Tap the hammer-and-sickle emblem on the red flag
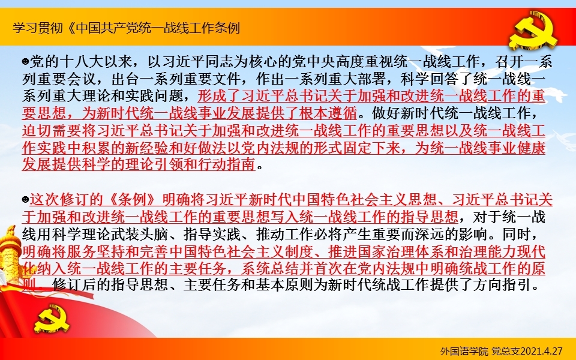pyautogui.click(x=52, y=317)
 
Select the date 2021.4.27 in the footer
pyautogui.click(x=542, y=351)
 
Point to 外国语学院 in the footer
pyautogui.click(x=464, y=351)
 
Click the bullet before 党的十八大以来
pyautogui.click(x=25, y=62)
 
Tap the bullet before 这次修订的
pyautogui.click(x=25, y=200)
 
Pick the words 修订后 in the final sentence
pyautogui.click(x=74, y=285)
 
